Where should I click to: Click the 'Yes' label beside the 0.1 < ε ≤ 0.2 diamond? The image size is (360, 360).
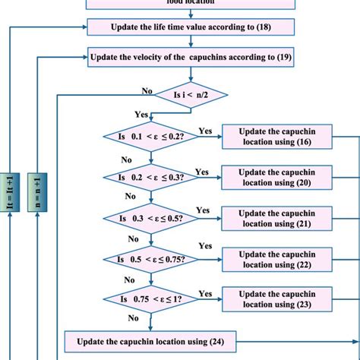point(205,131)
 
